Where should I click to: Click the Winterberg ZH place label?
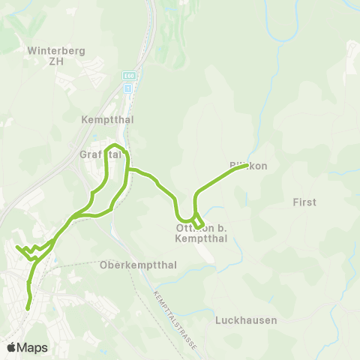click(57, 56)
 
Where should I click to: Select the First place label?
click(304, 202)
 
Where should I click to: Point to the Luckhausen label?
click(246, 319)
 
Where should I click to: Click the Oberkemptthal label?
click(137, 265)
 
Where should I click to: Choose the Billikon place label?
click(248, 165)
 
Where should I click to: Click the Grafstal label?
click(100, 154)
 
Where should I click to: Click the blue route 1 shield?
click(127, 88)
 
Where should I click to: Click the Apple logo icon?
click(11, 347)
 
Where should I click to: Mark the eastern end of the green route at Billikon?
click(246, 166)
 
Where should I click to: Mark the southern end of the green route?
click(28, 307)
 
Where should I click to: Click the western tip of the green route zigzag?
click(16, 246)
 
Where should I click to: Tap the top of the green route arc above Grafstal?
click(115, 143)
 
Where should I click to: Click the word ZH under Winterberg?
click(57, 62)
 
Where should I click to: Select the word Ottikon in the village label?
click(188, 227)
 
